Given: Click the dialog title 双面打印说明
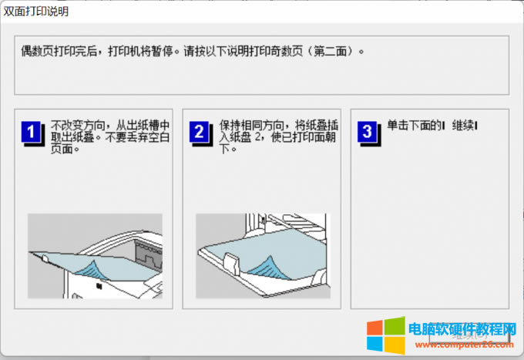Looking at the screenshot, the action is [36, 12].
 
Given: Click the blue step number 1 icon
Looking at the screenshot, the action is [32, 133].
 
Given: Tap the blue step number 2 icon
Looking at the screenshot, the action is [200, 133].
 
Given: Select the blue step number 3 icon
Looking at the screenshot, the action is [368, 133].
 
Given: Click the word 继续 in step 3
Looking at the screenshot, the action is [463, 126].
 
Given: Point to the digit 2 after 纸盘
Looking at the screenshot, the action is [257, 137].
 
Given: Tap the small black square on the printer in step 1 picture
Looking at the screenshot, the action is [99, 286].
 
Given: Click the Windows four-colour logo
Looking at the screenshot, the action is [385, 335].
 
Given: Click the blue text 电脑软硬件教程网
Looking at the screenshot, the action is [462, 329].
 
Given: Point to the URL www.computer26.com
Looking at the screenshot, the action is [464, 345].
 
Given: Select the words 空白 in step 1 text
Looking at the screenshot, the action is [159, 137].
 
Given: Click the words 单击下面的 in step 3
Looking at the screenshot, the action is [415, 126].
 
